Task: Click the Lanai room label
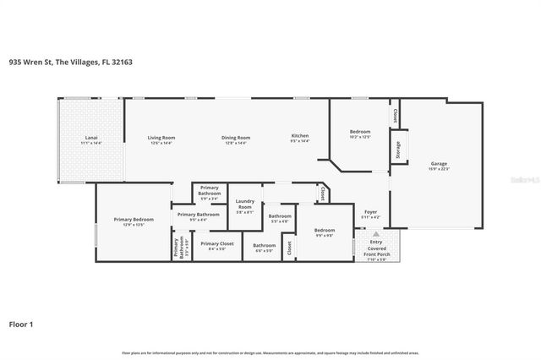tap(90, 138)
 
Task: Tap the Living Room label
tap(161, 138)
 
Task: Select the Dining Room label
tap(236, 138)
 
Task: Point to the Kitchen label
tap(300, 138)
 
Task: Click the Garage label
tap(439, 163)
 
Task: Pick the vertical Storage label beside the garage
tap(397, 149)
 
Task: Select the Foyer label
tap(370, 211)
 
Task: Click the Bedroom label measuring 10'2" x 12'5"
tap(361, 132)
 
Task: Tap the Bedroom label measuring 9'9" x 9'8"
tap(325, 230)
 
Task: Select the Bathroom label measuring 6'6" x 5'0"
tap(264, 245)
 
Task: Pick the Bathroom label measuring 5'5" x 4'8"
tap(280, 216)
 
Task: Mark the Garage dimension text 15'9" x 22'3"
tap(439, 170)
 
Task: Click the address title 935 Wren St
tap(70, 62)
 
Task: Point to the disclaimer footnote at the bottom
tap(270, 352)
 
